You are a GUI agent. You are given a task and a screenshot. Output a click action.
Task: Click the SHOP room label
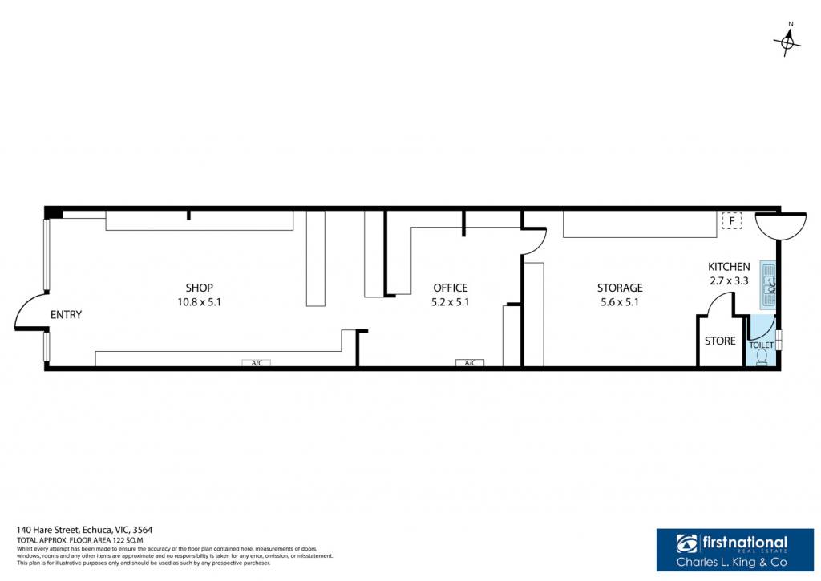pos(200,288)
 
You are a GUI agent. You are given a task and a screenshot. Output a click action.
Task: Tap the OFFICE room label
pos(451,288)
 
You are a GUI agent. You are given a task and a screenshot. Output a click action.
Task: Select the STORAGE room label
pos(620,288)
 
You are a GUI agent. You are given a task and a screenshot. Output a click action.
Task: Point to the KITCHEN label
pos(729,266)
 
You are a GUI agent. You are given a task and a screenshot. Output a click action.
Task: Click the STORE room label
pos(720,341)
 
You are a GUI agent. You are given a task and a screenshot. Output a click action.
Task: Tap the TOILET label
pos(762,345)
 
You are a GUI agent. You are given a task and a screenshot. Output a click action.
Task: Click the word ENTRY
pos(66,315)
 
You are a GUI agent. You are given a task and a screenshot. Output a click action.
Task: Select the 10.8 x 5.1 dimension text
pos(199,302)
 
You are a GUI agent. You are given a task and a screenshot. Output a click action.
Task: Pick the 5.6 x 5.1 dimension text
pos(620,302)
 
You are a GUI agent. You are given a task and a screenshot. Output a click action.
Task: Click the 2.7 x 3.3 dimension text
pos(729,281)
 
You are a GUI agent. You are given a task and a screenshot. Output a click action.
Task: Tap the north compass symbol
pos(787,40)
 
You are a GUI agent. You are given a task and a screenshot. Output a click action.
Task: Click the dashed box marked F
pos(732,221)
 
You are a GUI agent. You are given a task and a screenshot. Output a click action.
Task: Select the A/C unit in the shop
pos(257,363)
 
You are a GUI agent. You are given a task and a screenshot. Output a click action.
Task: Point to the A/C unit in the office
pos(470,363)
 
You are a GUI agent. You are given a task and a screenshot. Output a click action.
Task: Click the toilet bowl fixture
pos(762,357)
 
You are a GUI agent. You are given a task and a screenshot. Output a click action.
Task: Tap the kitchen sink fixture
pos(767,284)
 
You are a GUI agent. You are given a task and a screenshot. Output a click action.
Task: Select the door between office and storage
pos(535,240)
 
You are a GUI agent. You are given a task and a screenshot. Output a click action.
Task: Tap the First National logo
pos(735,550)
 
